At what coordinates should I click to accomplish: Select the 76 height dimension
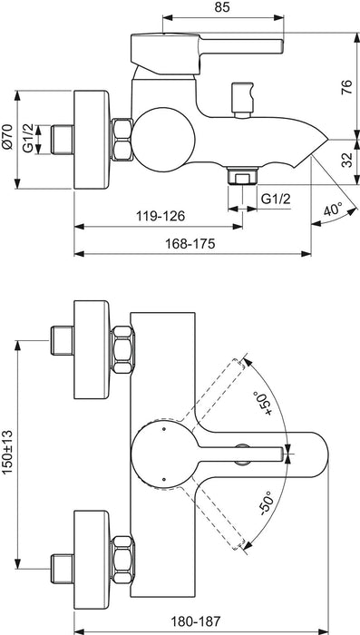(x=345, y=87)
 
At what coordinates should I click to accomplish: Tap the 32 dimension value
(x=345, y=161)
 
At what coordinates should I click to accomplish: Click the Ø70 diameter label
(x=8, y=138)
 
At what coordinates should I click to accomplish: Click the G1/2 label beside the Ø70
(x=28, y=139)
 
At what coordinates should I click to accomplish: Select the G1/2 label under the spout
(x=276, y=198)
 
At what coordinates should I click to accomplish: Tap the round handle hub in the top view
(x=161, y=451)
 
